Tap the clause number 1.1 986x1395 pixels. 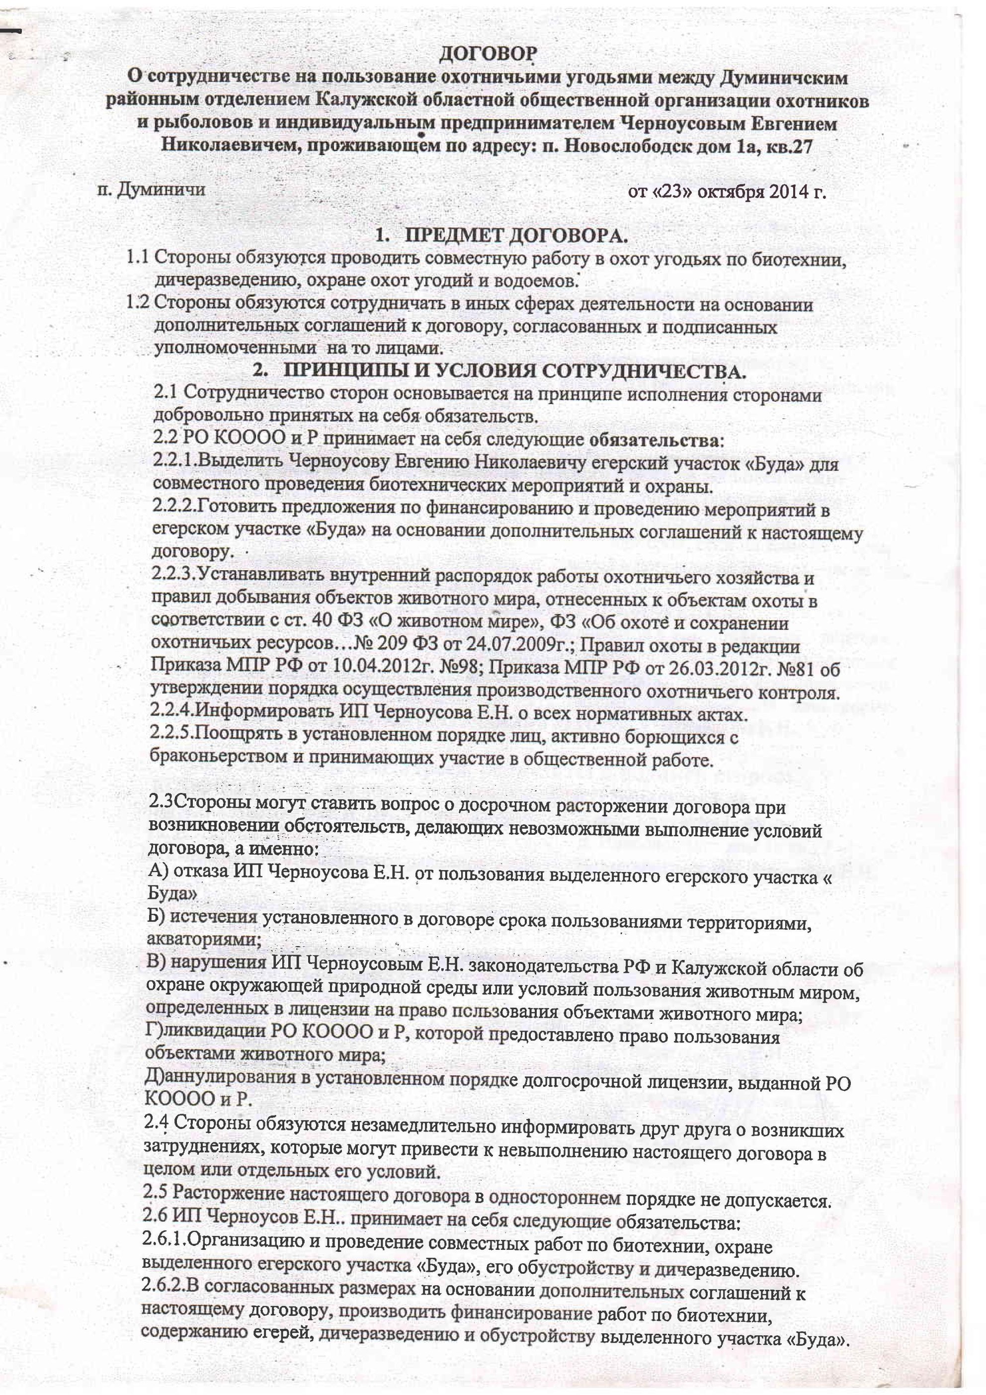[x=137, y=257]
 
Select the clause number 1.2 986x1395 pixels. [x=137, y=303]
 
